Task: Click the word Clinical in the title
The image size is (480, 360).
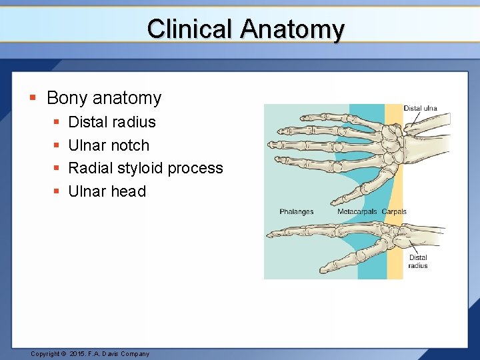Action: coord(190,29)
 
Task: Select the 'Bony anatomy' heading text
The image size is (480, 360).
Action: coord(104,98)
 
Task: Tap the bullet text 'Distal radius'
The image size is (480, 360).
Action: coord(112,122)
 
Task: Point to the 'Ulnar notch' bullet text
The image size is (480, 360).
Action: coord(109,145)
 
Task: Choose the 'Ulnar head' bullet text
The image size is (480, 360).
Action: coord(107,191)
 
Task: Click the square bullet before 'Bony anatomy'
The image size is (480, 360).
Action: coord(32,99)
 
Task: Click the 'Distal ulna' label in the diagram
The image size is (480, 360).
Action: coord(420,108)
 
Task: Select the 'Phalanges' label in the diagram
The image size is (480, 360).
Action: coord(297,212)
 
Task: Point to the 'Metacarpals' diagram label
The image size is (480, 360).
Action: coord(357,212)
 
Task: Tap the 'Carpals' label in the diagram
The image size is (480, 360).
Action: coord(394,212)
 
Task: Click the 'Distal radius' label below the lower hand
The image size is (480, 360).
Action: coord(418,261)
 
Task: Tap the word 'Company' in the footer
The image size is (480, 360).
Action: coord(135,354)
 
